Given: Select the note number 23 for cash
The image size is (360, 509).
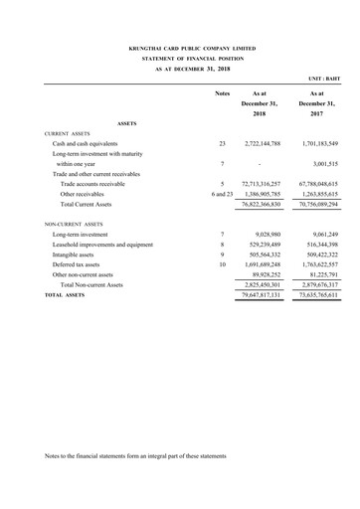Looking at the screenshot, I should tap(222, 144).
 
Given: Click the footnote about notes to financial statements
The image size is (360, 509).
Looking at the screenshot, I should tap(136, 455).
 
